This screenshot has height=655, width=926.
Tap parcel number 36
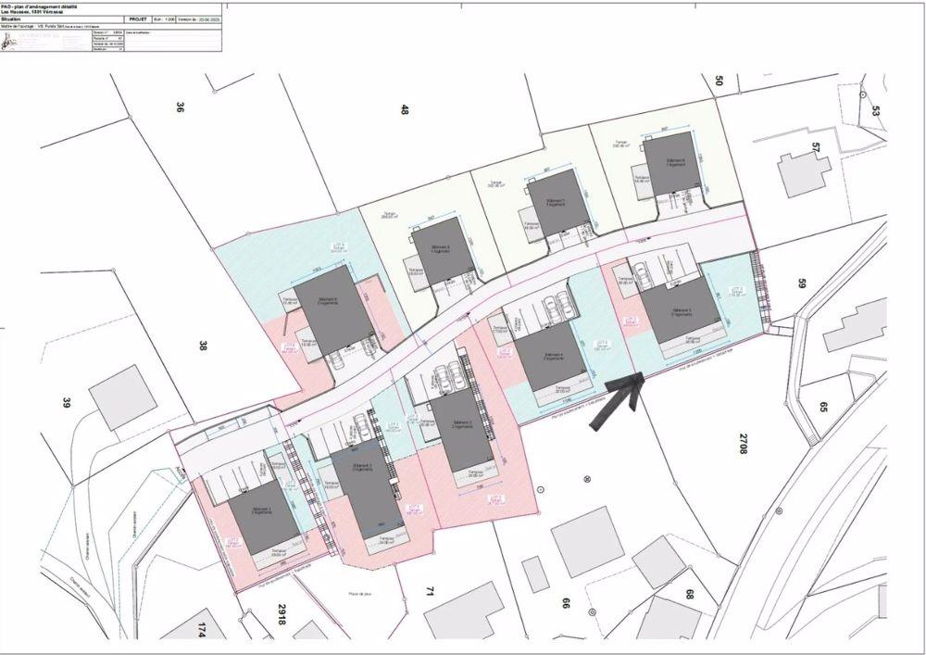click(x=180, y=107)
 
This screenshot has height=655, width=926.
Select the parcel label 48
click(x=405, y=109)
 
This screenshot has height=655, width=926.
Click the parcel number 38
click(x=203, y=346)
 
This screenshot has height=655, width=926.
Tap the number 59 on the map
click(x=803, y=284)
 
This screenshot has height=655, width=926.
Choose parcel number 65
click(x=822, y=406)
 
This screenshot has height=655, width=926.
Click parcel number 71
click(x=430, y=590)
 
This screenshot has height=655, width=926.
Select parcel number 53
click(x=877, y=111)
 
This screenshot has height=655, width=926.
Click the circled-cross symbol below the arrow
click(x=586, y=479)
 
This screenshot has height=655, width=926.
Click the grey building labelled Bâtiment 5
click(x=676, y=310)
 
